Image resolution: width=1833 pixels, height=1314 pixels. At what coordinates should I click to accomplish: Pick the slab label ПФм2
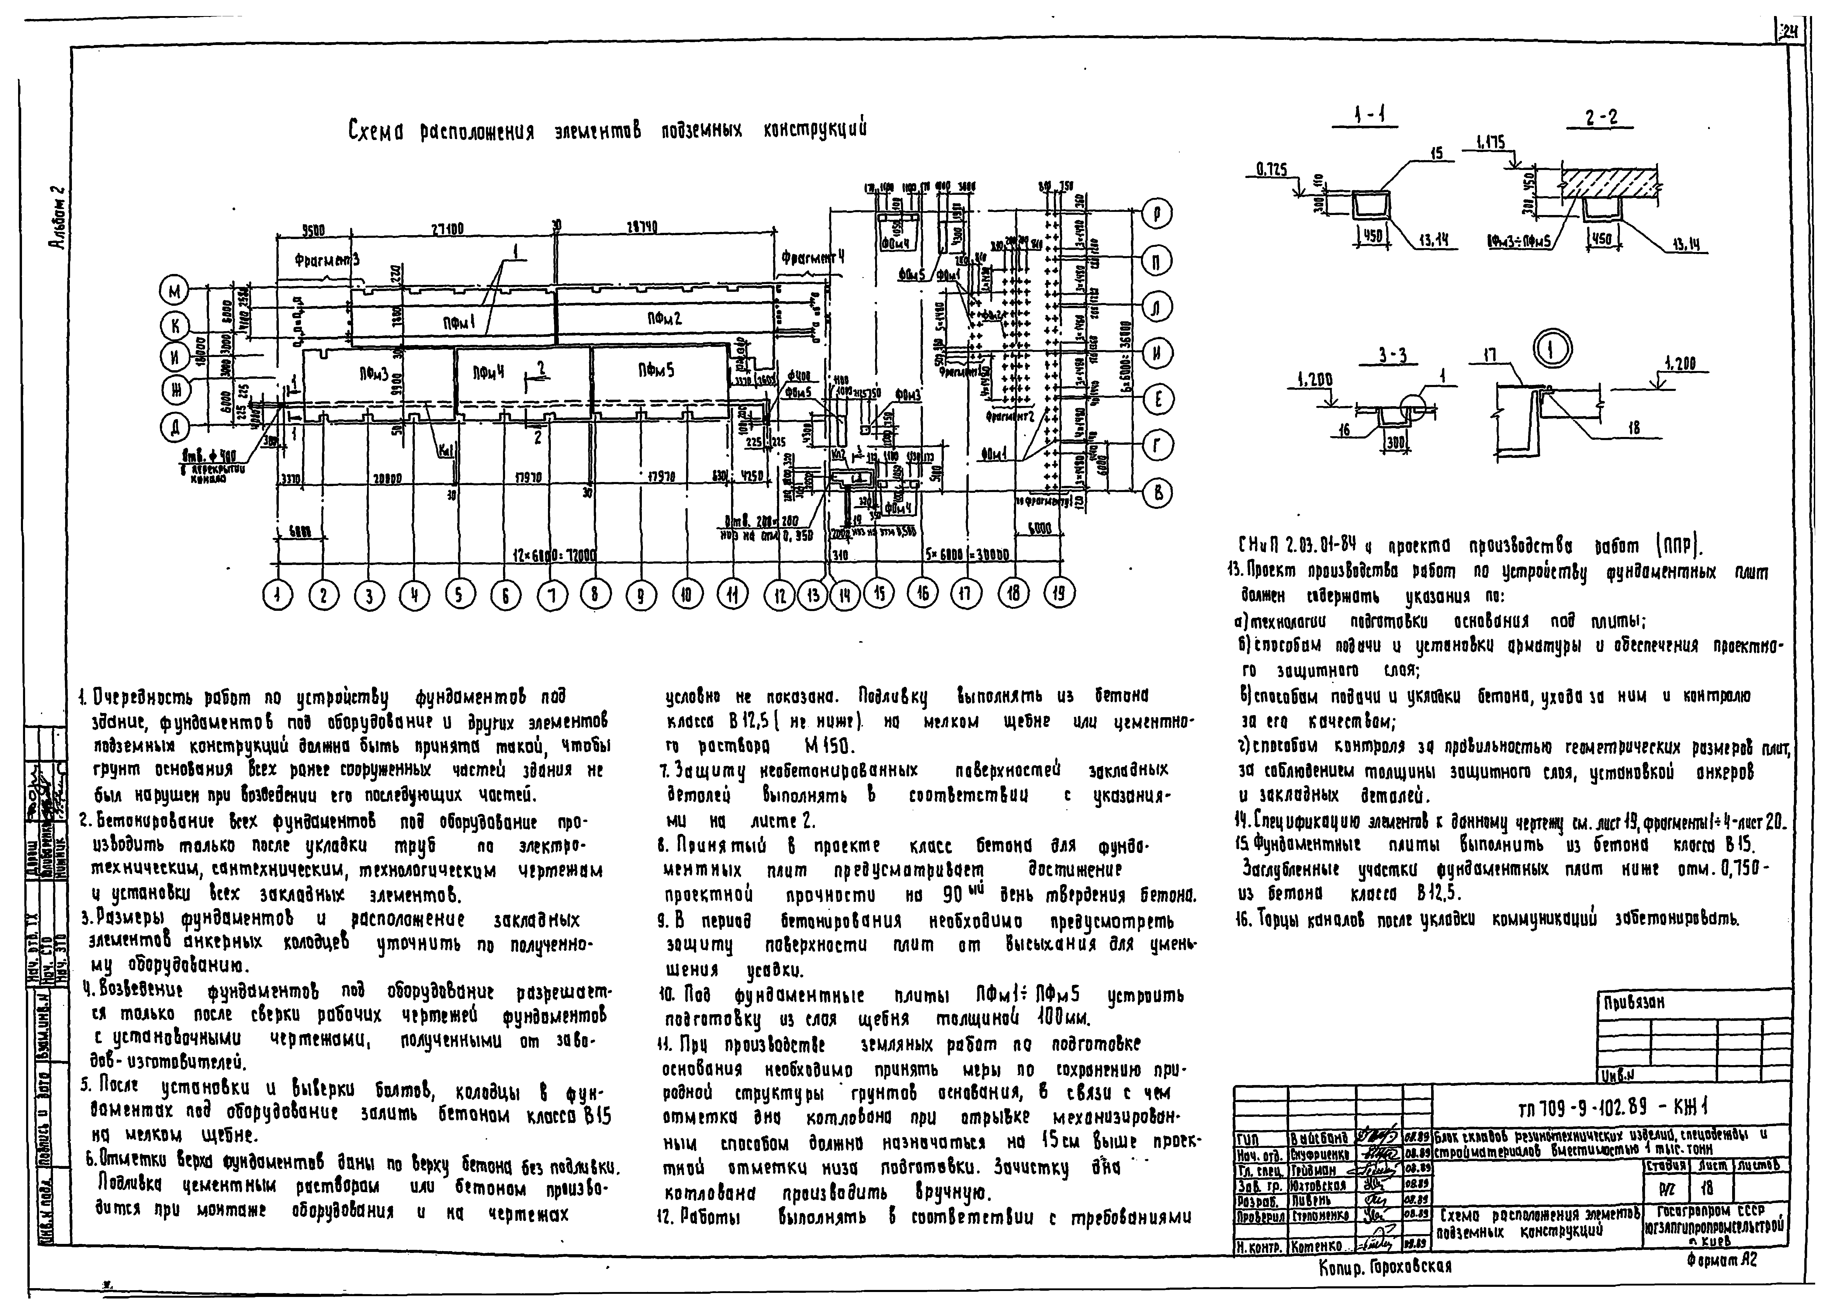(x=664, y=318)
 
